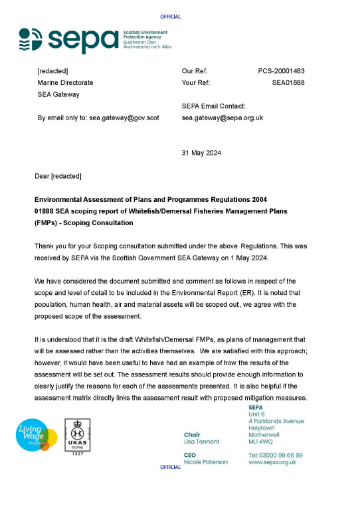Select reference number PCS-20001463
tap(282, 71)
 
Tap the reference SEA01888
tap(288, 83)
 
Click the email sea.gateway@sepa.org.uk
tap(223, 118)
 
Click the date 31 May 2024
tap(201, 153)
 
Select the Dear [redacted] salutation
tap(58, 176)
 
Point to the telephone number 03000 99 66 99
tap(275, 455)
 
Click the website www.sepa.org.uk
tap(272, 462)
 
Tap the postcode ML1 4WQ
tap(260, 442)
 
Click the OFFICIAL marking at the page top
tap(171, 17)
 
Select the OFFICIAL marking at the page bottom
tap(171, 467)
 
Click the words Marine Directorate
tap(65, 83)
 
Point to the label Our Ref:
tap(195, 71)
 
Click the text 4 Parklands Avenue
tap(276, 421)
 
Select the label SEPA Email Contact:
tap(213, 106)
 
